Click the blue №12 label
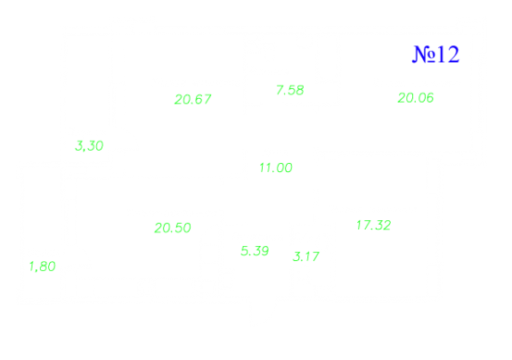click(x=435, y=54)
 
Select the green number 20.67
click(x=193, y=99)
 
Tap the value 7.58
click(x=290, y=90)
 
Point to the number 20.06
click(x=416, y=98)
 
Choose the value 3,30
click(x=89, y=146)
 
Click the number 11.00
click(x=276, y=168)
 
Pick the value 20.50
click(x=173, y=228)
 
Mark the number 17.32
click(x=374, y=225)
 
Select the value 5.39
click(x=255, y=251)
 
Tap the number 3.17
click(x=306, y=257)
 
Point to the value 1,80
click(x=43, y=266)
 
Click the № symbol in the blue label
click(x=424, y=54)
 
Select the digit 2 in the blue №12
click(x=453, y=54)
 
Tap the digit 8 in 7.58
click(x=300, y=90)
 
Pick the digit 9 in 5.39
click(x=264, y=251)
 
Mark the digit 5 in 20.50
click(x=178, y=228)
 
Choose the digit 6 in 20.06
click(x=429, y=98)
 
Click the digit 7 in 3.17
click(x=315, y=257)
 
